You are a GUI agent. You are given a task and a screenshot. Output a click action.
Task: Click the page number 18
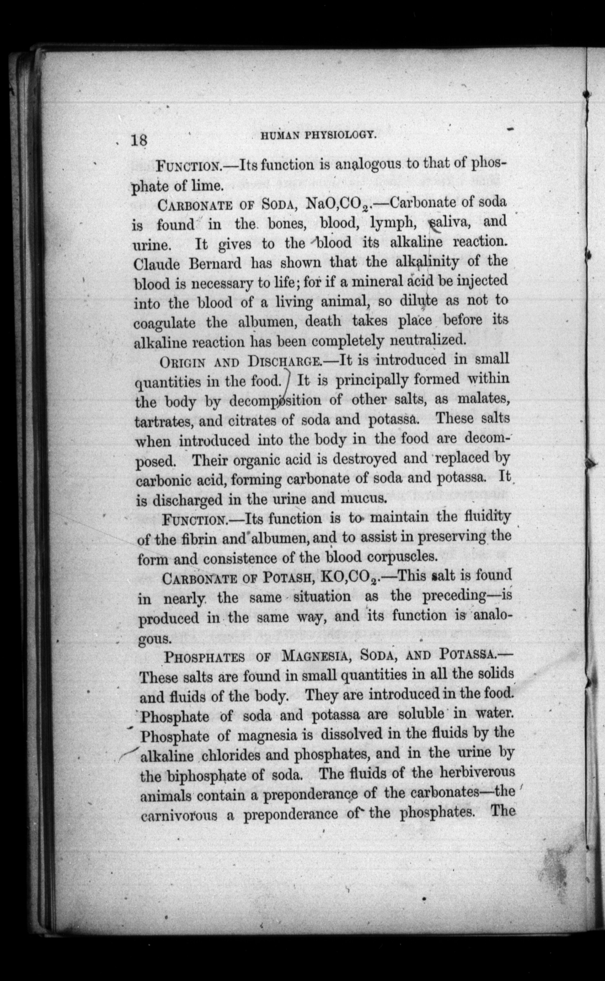pos(139,140)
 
